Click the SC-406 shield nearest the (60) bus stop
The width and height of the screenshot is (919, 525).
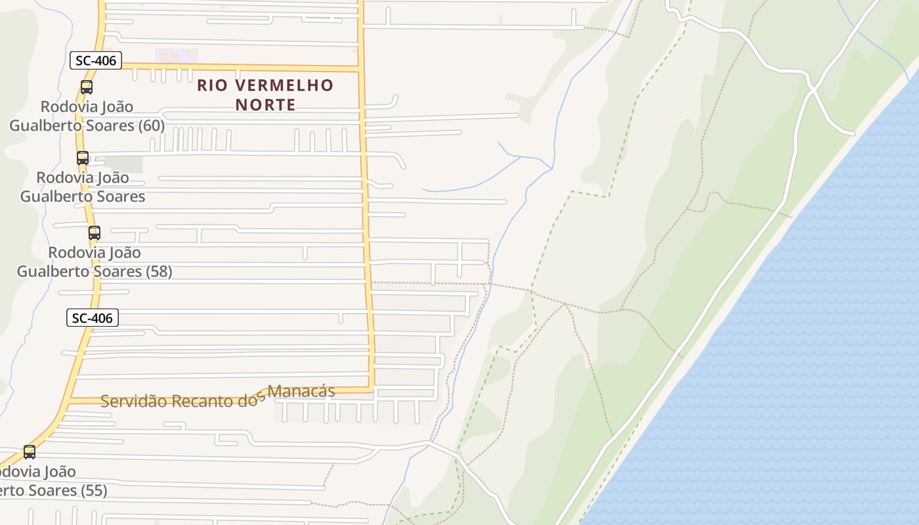pyautogui.click(x=96, y=61)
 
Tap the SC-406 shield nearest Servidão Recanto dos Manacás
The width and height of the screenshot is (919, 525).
pyautogui.click(x=93, y=318)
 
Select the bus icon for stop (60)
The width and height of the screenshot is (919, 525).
pyautogui.click(x=86, y=87)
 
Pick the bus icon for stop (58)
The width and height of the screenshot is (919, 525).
pyautogui.click(x=94, y=232)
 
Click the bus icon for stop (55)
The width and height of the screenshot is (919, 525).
pyautogui.click(x=30, y=451)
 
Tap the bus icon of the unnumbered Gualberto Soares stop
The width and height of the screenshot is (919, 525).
pyautogui.click(x=82, y=157)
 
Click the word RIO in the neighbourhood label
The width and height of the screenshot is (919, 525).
pyautogui.click(x=213, y=85)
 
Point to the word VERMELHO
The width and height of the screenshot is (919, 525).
pyautogui.click(x=285, y=85)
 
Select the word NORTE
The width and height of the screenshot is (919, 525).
pyautogui.click(x=265, y=104)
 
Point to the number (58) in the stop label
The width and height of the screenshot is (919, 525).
pyautogui.click(x=158, y=271)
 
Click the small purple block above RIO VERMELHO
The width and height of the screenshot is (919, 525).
pyautogui.click(x=175, y=56)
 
